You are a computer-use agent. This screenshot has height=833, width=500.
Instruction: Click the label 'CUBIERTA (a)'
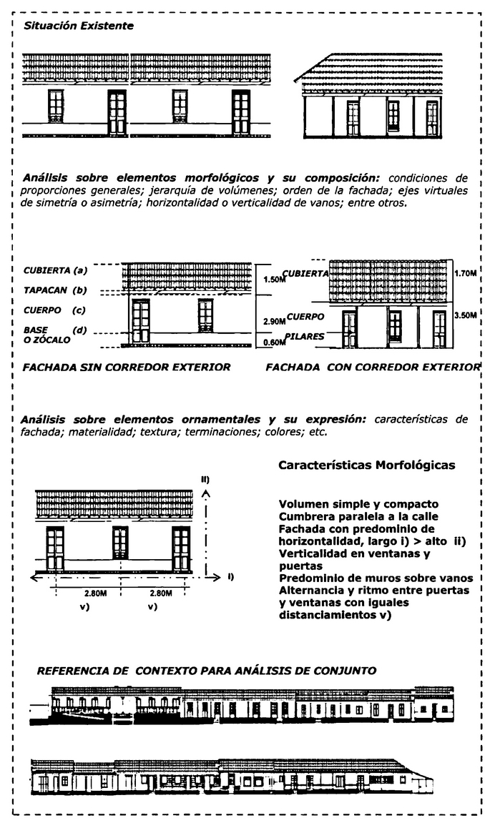point(55,270)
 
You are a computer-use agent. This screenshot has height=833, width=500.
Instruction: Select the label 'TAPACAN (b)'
point(55,291)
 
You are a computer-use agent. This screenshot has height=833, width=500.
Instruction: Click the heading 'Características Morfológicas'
point(366,465)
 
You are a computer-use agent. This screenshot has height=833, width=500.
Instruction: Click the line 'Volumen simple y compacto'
point(358,504)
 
